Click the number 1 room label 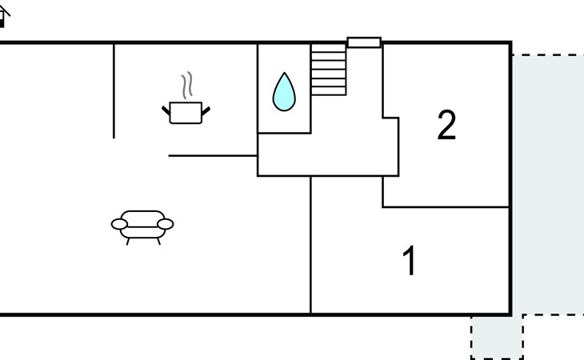410,262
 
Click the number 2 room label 446,126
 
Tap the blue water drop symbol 284,92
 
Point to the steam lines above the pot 187,85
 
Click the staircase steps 328,70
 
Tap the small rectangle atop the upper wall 364,42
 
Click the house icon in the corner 2,15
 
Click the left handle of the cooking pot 166,110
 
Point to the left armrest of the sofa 119,224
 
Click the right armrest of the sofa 166,224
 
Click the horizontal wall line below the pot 212,156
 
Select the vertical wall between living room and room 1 310,244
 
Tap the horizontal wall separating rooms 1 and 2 446,207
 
